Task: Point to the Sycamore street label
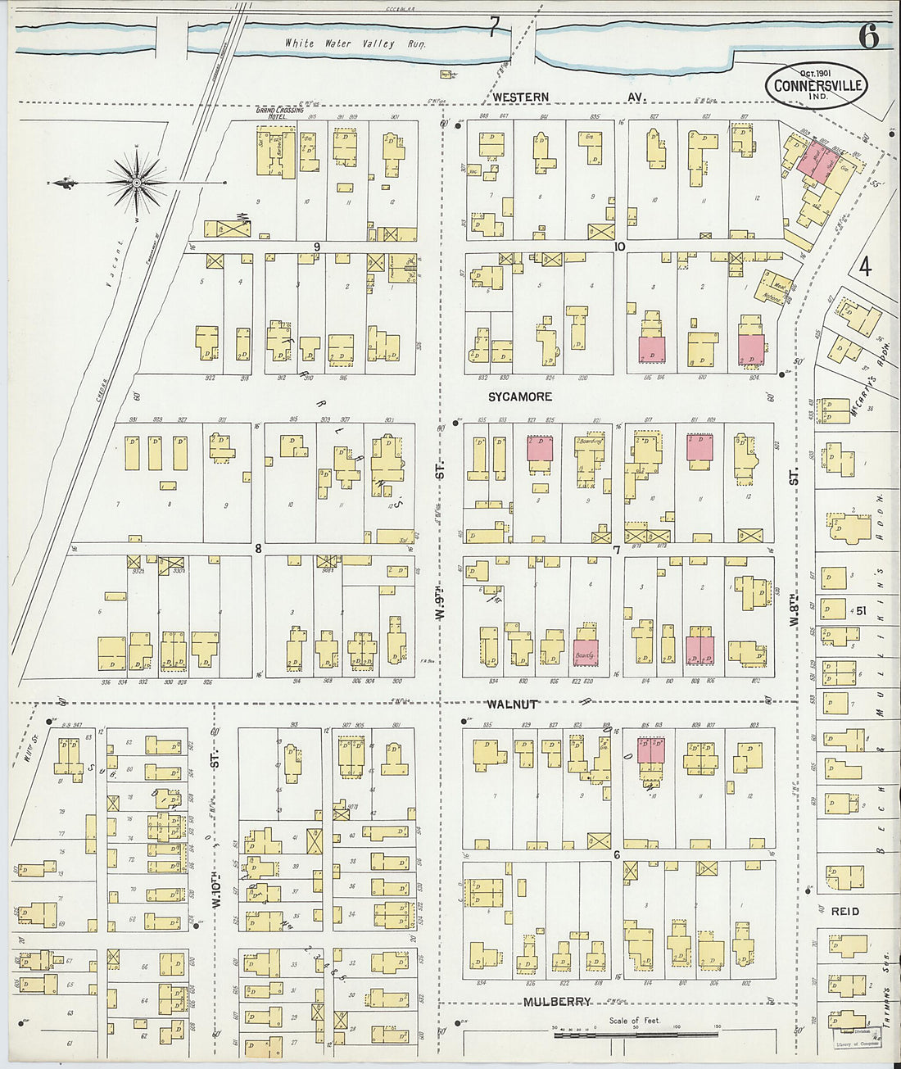tap(520, 396)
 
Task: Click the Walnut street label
tap(512, 704)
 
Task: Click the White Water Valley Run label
tap(355, 43)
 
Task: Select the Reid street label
tap(844, 911)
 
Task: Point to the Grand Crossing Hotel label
tap(275, 113)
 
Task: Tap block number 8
tap(257, 549)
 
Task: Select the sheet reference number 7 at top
tap(493, 29)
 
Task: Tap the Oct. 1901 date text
tap(808, 73)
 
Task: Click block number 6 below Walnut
tap(616, 855)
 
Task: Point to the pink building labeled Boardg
tap(585, 653)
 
